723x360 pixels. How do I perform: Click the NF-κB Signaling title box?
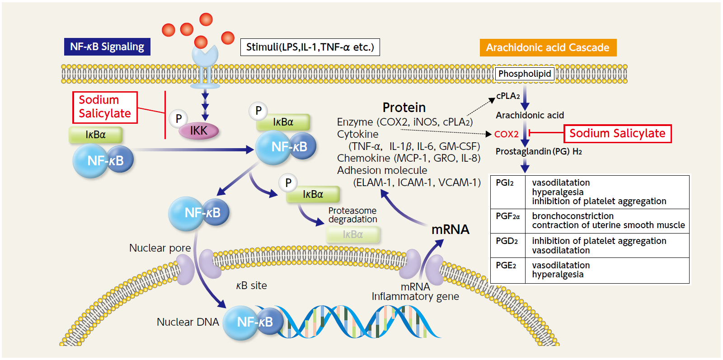pos(107,47)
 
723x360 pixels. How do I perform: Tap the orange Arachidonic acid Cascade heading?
pos(548,47)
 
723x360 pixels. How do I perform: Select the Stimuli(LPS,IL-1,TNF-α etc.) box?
pos(310,47)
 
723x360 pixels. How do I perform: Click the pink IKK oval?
pos(199,131)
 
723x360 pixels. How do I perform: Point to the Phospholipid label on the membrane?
pos(525,74)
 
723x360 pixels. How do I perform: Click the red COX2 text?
pos(506,134)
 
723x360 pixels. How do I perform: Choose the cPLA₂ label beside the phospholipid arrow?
pos(508,96)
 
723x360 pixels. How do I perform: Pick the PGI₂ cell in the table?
pos(505,183)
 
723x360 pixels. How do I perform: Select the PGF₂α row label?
pos(507,216)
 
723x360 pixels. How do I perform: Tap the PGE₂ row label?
pos(506,266)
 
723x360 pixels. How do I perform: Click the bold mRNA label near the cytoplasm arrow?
pos(450,229)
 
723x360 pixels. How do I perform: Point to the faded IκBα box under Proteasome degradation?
pos(353,234)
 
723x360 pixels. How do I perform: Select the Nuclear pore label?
pos(160,248)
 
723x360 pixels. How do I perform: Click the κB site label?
pos(251,285)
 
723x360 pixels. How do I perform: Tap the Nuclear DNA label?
pos(188,322)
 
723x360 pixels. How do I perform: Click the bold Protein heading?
pos(404,108)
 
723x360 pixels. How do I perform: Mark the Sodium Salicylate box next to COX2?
pos(617,134)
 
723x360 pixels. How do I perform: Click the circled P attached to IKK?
pos(178,119)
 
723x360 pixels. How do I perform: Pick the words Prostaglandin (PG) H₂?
pos(539,151)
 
